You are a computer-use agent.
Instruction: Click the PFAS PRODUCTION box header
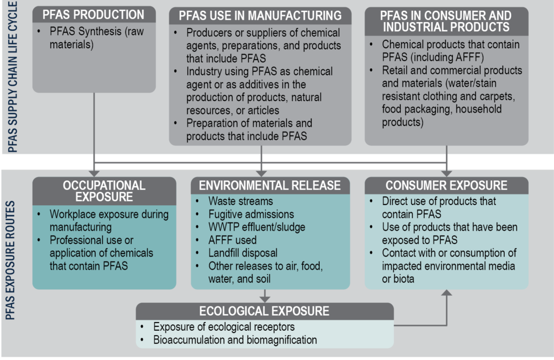(x=95, y=15)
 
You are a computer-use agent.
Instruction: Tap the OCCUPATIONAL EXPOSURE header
(x=104, y=190)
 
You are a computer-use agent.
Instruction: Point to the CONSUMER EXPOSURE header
(x=446, y=186)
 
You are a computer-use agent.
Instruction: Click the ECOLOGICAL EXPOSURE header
(x=264, y=311)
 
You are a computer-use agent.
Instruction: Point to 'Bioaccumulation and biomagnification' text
(x=235, y=340)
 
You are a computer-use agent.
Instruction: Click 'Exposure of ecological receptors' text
(x=224, y=327)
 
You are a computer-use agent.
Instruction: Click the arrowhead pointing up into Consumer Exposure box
(x=446, y=293)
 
